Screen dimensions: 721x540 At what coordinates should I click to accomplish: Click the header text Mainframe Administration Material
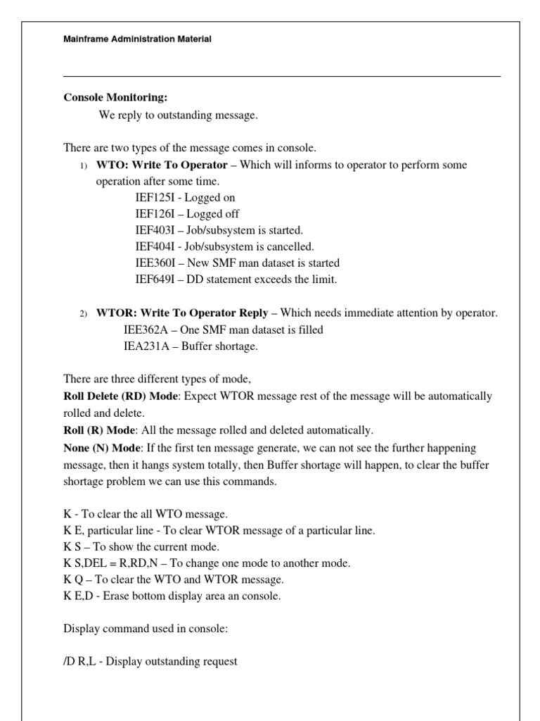[x=137, y=39]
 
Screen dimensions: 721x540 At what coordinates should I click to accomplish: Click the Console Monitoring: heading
[x=116, y=97]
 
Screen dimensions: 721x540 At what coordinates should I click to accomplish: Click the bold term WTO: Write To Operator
[x=162, y=165]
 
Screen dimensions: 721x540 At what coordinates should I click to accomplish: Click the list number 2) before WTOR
[x=83, y=313]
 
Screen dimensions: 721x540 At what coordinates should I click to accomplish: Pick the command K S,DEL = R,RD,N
[x=123, y=563]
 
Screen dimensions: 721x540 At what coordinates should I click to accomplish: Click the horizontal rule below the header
[x=281, y=76]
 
